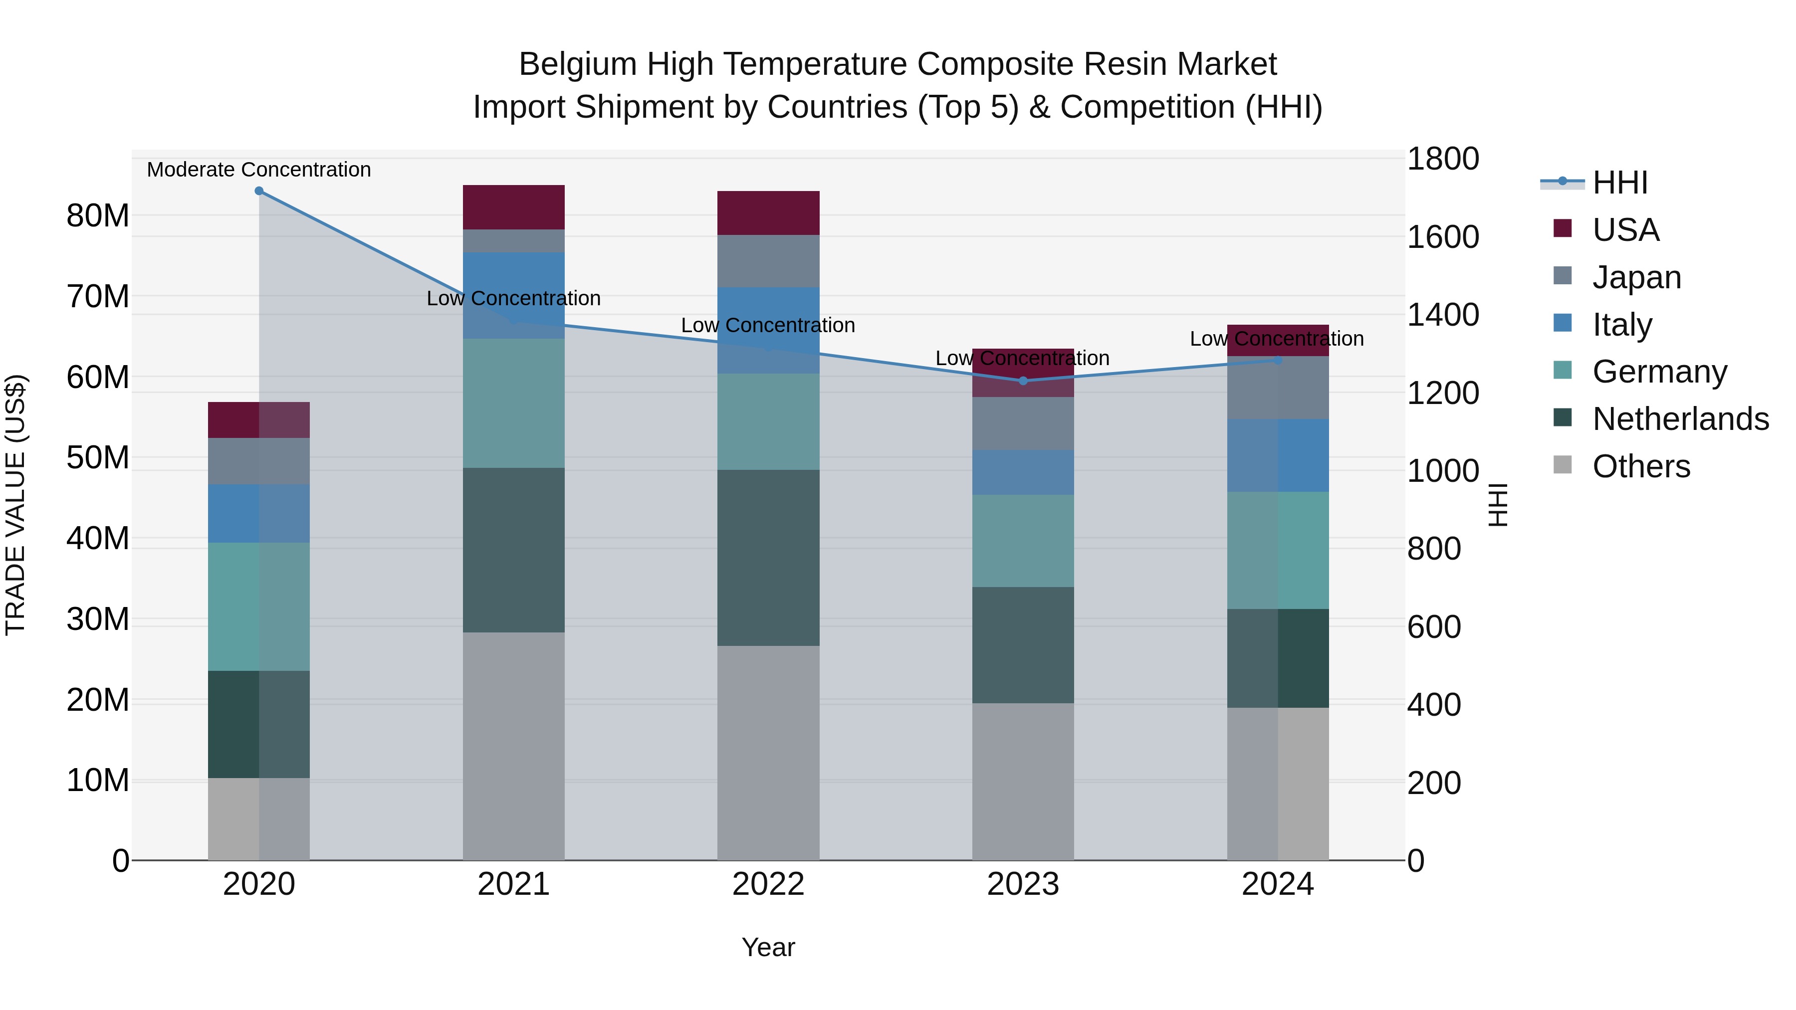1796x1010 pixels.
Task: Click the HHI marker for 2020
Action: tap(258, 191)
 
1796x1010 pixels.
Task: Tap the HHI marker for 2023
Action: tap(1023, 381)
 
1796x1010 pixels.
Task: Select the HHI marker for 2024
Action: tap(1277, 361)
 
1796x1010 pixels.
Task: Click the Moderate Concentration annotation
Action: tap(258, 170)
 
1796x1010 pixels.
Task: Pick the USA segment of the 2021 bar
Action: tap(513, 207)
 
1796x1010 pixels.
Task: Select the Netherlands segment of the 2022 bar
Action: tap(768, 558)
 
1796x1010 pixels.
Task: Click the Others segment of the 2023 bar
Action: tap(1023, 781)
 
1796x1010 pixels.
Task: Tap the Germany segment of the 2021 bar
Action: tap(513, 403)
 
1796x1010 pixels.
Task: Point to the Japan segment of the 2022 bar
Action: tap(768, 261)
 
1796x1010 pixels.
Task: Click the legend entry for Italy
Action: tap(1622, 325)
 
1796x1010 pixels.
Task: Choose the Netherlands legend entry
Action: tap(1680, 419)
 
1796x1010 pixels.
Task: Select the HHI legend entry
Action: tap(1619, 183)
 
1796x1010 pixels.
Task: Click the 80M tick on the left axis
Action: tap(98, 215)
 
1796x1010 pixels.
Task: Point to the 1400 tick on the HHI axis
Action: tap(1442, 315)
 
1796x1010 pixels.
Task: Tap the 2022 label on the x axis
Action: tap(768, 884)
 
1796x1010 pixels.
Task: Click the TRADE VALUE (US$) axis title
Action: tap(16, 505)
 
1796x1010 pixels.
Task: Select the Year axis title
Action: tap(768, 947)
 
